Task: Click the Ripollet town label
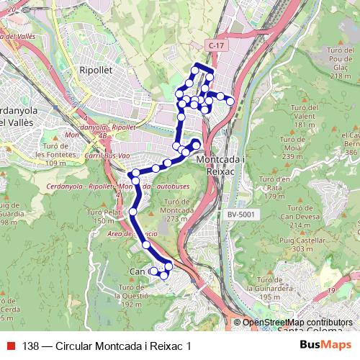click(96, 70)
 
